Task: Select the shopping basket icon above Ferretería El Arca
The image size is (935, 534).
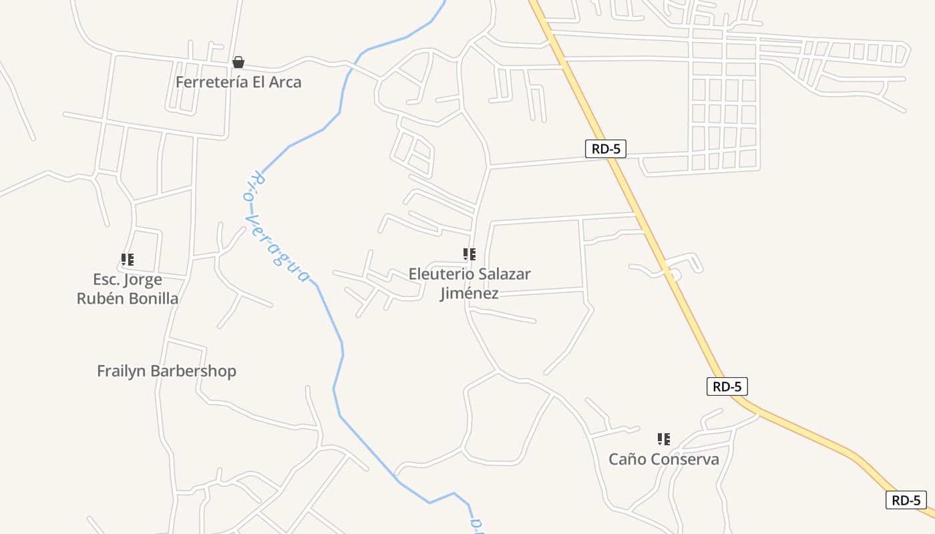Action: pos(238,63)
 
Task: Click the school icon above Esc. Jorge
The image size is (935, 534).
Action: pos(128,259)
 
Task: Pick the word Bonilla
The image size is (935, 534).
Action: pos(154,298)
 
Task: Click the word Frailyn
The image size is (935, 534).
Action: pos(121,371)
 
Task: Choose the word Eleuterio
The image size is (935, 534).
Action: pos(441,274)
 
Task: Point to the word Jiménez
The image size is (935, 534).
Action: pos(469,293)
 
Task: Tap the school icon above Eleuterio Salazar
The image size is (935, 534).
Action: pos(470,254)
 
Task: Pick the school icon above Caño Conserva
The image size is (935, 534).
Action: pos(664,439)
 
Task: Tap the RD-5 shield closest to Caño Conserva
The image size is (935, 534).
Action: pos(727,386)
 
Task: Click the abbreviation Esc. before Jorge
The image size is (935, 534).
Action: pos(107,280)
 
